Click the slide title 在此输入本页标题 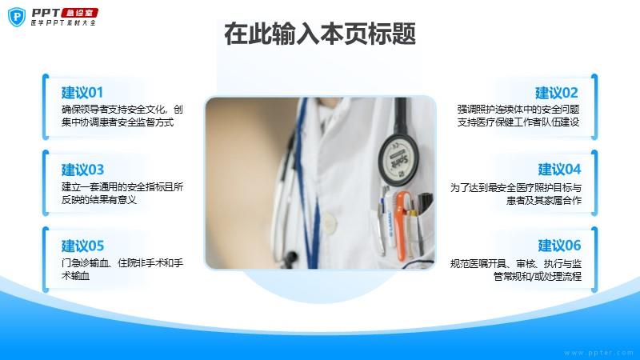click(x=320, y=34)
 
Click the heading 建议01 click(x=82, y=93)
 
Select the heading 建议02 click(x=557, y=93)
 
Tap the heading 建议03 click(x=83, y=170)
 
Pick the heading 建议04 click(x=559, y=170)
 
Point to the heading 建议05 click(x=83, y=246)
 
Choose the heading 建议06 click(x=559, y=246)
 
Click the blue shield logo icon click(x=17, y=17)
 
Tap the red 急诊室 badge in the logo click(x=79, y=13)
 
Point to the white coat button click(x=329, y=222)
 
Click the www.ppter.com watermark click(x=598, y=352)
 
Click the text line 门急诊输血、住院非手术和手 click(x=122, y=263)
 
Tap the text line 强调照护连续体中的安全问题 click(x=518, y=110)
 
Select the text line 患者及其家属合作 click(x=544, y=200)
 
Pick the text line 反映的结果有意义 click(x=98, y=199)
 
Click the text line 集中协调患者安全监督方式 click(x=118, y=122)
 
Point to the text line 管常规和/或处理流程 click(x=538, y=276)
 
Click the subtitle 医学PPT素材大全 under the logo click(x=63, y=23)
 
